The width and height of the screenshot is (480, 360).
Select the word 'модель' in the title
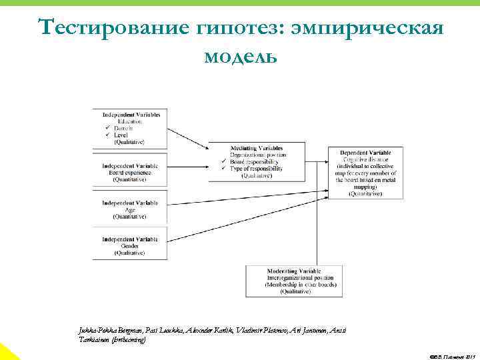pos(240,56)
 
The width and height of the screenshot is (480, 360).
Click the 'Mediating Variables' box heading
pos(256,147)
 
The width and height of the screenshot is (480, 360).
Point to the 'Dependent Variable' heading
pos(365,152)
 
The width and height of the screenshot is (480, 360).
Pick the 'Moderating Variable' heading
pos(294,272)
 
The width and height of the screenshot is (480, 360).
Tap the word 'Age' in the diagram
pos(130,209)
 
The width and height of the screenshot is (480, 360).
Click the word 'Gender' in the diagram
pos(130,245)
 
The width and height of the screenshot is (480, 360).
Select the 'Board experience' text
pos(129,173)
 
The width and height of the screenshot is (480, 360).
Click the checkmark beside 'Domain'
pos(107,128)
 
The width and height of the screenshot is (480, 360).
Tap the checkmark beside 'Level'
pos(107,135)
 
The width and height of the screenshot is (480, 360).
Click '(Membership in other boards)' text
pos(294,285)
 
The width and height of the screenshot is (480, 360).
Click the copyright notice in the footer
pos(449,355)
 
